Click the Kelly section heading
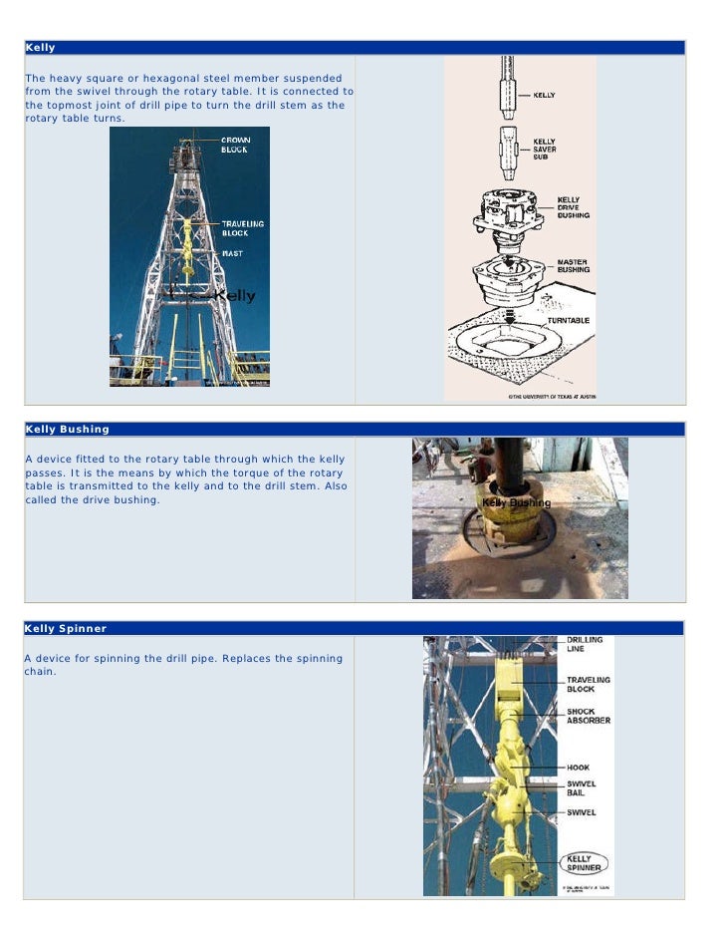click(x=41, y=48)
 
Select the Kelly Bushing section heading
click(x=67, y=430)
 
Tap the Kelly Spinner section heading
click(x=66, y=629)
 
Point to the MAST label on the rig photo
click(x=231, y=253)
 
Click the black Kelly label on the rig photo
click(x=235, y=296)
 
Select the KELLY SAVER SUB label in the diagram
click(x=545, y=149)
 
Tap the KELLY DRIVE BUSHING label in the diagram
click(x=573, y=207)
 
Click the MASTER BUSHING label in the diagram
click(x=573, y=265)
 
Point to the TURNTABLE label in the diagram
click(x=568, y=320)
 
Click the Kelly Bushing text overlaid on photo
click(x=516, y=503)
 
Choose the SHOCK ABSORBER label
click(x=589, y=716)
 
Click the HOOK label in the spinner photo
click(x=579, y=768)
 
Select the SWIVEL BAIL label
click(x=582, y=788)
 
